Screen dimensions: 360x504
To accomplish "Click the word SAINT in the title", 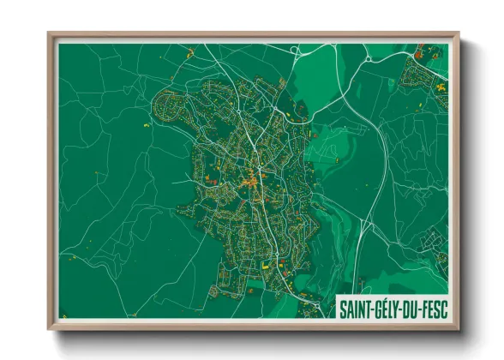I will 357,306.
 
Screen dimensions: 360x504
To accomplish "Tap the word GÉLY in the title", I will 390,306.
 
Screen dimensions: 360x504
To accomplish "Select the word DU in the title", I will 416,306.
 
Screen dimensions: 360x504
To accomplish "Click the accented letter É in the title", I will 385,306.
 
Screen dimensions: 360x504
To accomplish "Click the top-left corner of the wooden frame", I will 49,33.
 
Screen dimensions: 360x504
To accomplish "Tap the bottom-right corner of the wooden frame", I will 459,329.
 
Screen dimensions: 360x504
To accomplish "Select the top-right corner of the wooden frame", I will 459,33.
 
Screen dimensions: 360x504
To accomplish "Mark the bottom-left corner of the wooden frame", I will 49,329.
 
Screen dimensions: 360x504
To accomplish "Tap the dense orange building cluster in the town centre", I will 250,182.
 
